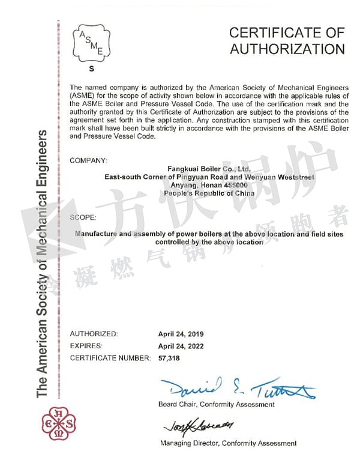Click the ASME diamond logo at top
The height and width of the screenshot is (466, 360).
click(x=92, y=43)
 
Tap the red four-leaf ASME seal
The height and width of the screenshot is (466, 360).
click(x=58, y=424)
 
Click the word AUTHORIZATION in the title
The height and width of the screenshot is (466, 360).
click(x=287, y=49)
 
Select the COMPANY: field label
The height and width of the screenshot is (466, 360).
click(x=89, y=160)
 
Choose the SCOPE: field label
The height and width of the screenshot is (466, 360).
click(x=83, y=217)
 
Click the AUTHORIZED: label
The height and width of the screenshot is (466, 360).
click(x=94, y=334)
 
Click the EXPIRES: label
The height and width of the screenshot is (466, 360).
click(x=86, y=346)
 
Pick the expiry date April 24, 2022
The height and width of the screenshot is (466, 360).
click(x=181, y=346)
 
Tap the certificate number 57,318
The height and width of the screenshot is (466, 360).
click(x=169, y=358)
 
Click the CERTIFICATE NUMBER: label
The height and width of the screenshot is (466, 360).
click(x=110, y=358)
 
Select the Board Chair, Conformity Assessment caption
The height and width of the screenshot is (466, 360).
click(x=217, y=404)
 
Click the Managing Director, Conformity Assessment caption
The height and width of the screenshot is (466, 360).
click(x=228, y=443)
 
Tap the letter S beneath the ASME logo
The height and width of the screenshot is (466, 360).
click(x=92, y=70)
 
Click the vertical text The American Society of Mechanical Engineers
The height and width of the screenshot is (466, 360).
click(x=42, y=264)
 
